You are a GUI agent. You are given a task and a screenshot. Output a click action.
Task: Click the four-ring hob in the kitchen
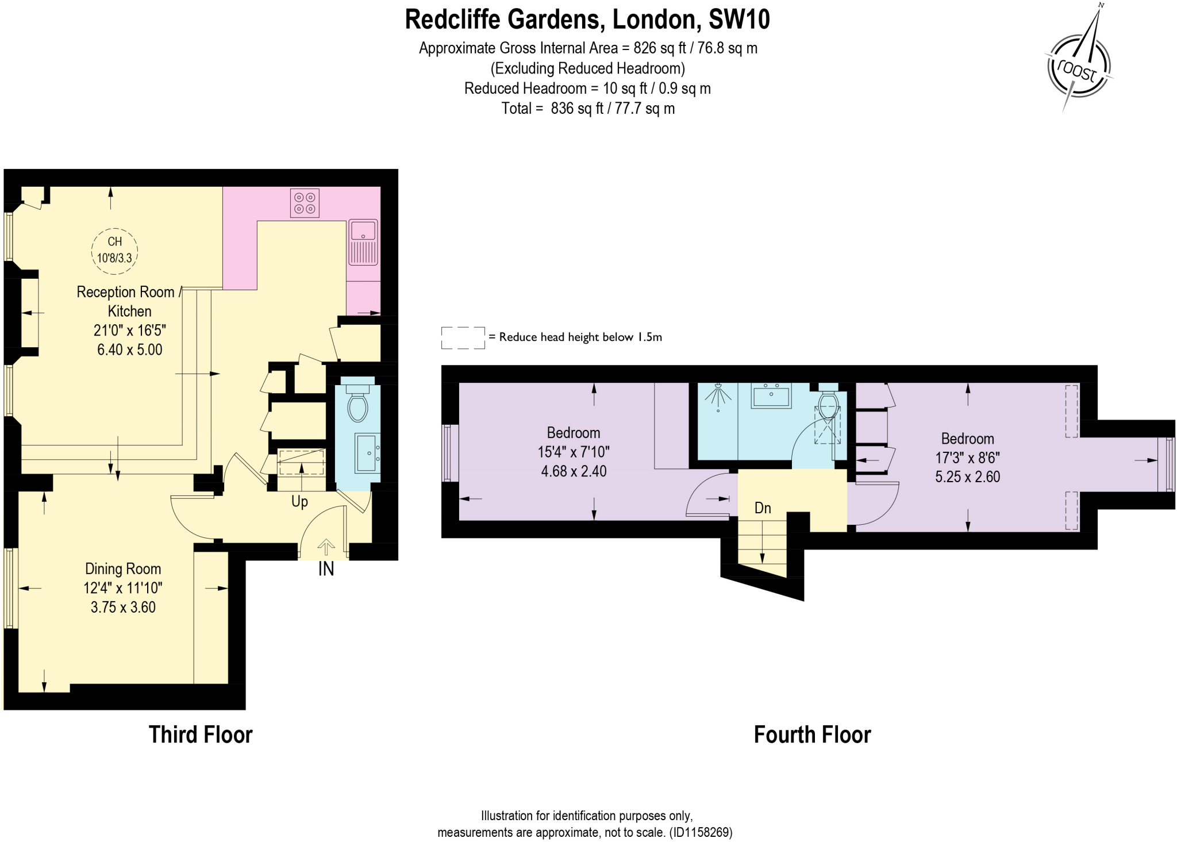(x=305, y=203)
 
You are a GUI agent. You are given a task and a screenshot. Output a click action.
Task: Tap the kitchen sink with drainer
(x=363, y=241)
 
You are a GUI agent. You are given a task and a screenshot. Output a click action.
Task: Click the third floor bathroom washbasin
(x=367, y=453)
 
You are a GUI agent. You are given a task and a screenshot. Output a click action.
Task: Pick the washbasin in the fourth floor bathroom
(x=771, y=396)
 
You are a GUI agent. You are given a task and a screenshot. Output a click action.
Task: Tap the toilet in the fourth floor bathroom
(x=828, y=403)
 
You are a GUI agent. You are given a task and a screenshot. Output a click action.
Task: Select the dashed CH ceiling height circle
(x=115, y=250)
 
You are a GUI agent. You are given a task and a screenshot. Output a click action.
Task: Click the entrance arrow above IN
(x=326, y=547)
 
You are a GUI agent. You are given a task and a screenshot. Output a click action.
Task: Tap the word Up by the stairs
(x=299, y=502)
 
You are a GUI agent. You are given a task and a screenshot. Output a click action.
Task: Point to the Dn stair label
(x=763, y=508)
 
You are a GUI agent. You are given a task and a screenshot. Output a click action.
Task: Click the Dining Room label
(x=123, y=569)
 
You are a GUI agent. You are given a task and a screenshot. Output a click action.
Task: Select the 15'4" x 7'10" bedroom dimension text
(x=574, y=452)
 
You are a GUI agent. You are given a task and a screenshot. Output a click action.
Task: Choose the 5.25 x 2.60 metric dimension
(x=967, y=477)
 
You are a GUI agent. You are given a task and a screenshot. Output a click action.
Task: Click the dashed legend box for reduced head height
(x=463, y=338)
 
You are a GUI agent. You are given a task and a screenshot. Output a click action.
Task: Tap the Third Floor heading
(x=201, y=735)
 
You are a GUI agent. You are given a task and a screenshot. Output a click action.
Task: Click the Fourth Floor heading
(x=812, y=735)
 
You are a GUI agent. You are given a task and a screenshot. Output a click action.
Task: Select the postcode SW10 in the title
(x=739, y=20)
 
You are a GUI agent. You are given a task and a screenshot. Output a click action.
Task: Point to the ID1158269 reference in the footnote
(x=702, y=832)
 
